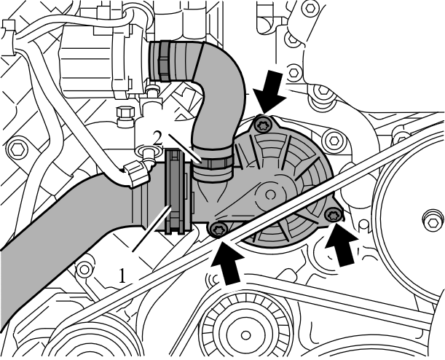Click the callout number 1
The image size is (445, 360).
123,275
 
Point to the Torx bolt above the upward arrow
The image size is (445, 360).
217,230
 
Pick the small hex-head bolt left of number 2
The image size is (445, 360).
124,114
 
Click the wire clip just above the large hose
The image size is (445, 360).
136,175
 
